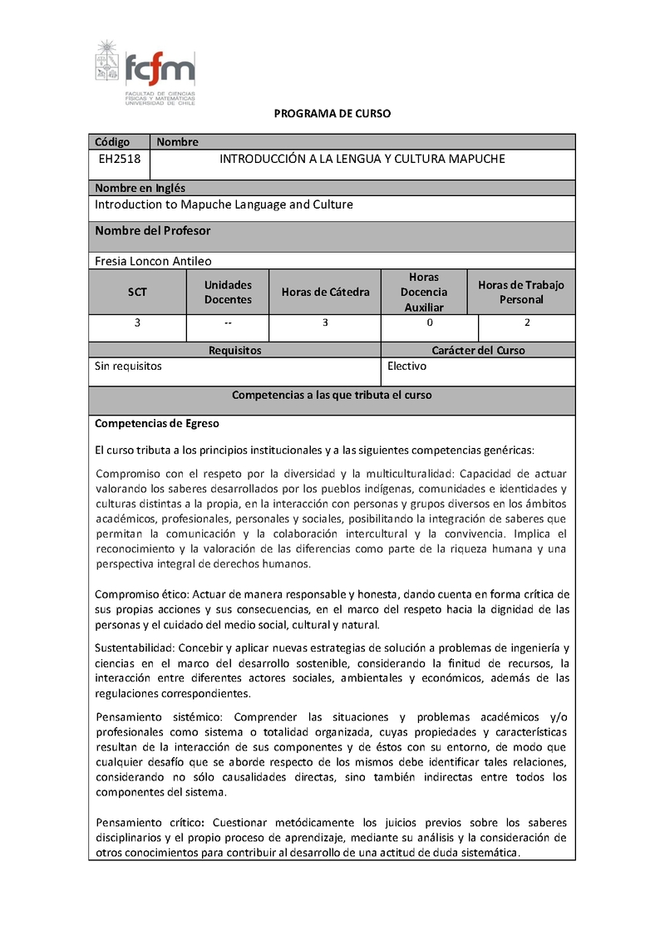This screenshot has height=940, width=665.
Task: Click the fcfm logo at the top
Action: tap(145, 71)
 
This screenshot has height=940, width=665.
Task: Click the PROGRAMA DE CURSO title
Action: tap(332, 113)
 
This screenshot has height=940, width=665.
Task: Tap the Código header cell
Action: tap(112, 142)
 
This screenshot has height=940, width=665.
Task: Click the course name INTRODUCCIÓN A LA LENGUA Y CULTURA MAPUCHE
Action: tap(362, 159)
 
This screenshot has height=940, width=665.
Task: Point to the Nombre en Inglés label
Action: tap(140, 188)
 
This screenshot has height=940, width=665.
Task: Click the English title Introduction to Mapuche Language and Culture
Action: tap(224, 204)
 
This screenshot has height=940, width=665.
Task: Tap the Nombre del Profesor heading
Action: tap(152, 230)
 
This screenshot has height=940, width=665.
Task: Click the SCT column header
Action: tap(137, 293)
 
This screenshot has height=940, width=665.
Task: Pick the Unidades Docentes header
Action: tap(228, 293)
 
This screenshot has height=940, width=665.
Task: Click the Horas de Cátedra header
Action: tap(325, 293)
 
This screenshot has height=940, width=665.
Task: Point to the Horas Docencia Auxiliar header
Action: tap(424, 293)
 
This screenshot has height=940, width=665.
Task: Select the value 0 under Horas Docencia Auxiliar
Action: tap(430, 322)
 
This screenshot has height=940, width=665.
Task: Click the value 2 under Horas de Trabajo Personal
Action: tap(527, 322)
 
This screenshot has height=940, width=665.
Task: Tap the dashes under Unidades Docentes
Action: tap(228, 322)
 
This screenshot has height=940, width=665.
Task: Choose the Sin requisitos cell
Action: tap(128, 366)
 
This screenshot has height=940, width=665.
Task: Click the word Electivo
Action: tap(406, 366)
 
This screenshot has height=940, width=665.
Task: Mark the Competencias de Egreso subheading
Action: tap(156, 424)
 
